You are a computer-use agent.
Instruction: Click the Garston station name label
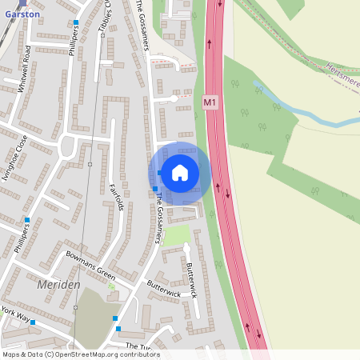pos(22,14)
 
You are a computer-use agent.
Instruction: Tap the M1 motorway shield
pos(210,102)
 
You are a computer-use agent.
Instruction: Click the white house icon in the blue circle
pos(180,172)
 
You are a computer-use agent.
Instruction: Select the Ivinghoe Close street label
pos(15,158)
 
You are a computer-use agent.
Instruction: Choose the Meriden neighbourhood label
pos(58,285)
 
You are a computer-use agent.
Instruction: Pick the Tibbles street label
pos(104,18)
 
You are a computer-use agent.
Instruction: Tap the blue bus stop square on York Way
pos(33,322)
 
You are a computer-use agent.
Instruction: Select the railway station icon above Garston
pos(22,3)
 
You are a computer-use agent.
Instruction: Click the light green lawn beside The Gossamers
pos(178,235)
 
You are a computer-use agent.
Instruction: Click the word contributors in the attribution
pos(141,354)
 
